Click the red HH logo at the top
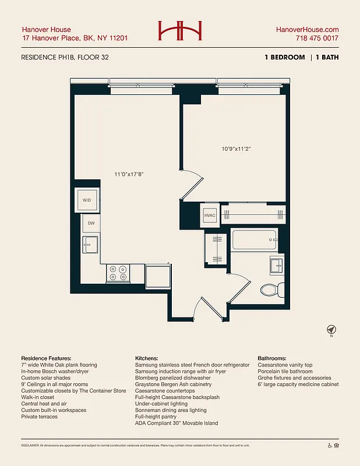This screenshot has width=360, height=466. pyautogui.click(x=180, y=32)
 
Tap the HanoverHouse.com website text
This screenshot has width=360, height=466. pyautogui.click(x=306, y=30)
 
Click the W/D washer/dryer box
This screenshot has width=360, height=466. pyautogui.click(x=87, y=200)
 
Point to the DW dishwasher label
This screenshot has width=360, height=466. pyautogui.click(x=91, y=223)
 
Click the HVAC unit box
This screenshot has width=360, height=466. pyautogui.click(x=210, y=215)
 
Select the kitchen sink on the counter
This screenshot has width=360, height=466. pyautogui.click(x=90, y=245)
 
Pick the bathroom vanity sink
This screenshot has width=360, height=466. pyautogui.click(x=276, y=265)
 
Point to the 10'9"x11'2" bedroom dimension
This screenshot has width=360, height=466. pyautogui.click(x=236, y=149)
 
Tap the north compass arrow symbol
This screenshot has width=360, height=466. pyautogui.click(x=331, y=330)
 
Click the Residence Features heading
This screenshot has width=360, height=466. pyautogui.click(x=46, y=358)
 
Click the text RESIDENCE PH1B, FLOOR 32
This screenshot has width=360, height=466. pyautogui.click(x=65, y=57)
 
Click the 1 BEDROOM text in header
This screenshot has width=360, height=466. pyautogui.click(x=284, y=57)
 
